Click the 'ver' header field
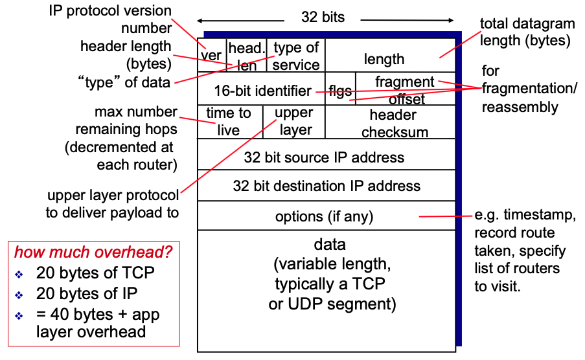tap(211, 56)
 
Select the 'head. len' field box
tap(246, 56)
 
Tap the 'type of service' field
tap(296, 56)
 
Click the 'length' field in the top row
tap(384, 59)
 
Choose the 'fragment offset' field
tap(405, 90)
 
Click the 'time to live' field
tap(229, 121)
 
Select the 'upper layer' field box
tap(293, 121)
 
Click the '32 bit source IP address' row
tap(325, 157)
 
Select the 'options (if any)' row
tap(324, 216)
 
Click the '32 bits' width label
tap(323, 17)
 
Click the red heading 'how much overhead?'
tap(93, 252)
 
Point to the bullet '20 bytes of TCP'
tap(95, 273)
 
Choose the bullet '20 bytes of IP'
tap(87, 293)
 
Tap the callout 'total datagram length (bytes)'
tap(527, 32)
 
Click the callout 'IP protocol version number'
tap(109, 19)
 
